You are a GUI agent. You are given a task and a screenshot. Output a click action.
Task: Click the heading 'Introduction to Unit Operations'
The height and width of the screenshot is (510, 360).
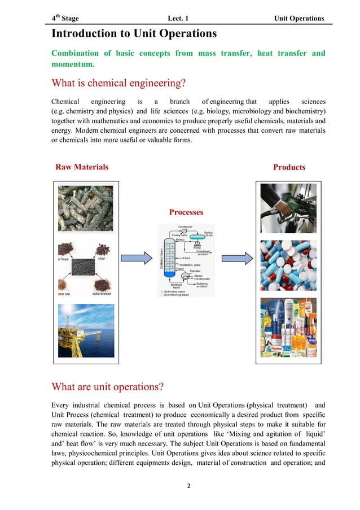point(134,34)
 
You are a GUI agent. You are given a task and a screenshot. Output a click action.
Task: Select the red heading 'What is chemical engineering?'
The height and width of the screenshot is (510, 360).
point(118,84)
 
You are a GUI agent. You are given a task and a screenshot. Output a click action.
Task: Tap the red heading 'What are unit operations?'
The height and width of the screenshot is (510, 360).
point(107,387)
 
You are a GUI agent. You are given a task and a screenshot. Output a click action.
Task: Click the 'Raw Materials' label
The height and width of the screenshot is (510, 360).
point(82,167)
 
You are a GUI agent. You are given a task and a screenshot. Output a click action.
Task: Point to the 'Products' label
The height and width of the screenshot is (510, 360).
point(289,167)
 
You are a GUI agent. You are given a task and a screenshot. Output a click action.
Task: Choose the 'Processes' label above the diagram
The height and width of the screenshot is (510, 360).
point(186,212)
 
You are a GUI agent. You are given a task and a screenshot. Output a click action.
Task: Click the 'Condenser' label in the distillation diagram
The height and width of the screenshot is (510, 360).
point(185,227)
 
